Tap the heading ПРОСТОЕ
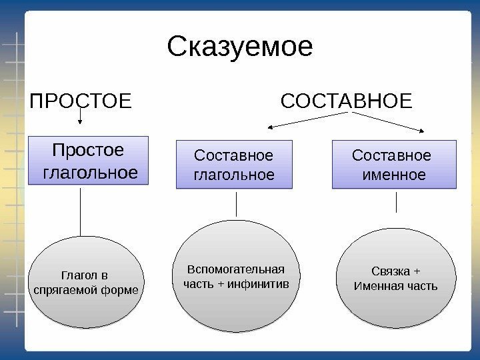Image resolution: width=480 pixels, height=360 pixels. point(82,103)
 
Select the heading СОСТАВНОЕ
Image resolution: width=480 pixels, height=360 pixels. point(347,103)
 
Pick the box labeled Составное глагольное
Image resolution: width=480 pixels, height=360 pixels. point(233,165)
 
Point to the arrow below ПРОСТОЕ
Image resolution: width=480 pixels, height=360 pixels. point(81,119)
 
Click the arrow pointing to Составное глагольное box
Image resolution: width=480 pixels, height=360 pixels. point(307,120)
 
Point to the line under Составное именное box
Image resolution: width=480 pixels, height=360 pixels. point(397,202)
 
